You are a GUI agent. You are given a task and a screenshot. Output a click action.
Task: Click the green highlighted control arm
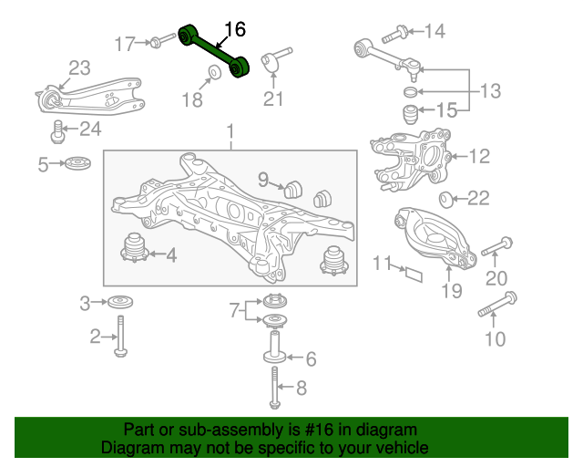tap(214, 51)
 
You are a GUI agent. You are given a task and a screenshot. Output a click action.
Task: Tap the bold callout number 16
tap(235, 29)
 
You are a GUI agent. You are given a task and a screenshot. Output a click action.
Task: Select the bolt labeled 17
tap(162, 41)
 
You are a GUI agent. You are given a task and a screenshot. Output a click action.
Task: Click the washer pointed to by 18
tap(215, 72)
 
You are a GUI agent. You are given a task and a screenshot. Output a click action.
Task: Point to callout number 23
tap(79, 67)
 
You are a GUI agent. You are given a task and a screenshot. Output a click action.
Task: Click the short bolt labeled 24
tap(57, 131)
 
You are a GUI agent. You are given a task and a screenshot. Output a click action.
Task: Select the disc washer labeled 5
tap(77, 163)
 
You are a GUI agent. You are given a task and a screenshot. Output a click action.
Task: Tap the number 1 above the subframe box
tap(230, 131)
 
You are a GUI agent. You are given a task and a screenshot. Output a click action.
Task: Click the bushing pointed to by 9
tap(293, 189)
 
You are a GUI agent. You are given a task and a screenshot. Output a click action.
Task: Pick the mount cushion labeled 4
tap(135, 248)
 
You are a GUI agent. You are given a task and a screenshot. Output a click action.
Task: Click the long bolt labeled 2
tap(120, 336)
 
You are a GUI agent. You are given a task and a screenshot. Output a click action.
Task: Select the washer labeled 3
tap(120, 302)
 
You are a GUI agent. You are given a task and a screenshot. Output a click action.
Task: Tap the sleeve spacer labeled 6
tap(275, 346)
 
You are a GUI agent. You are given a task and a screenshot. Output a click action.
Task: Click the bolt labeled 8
tap(274, 388)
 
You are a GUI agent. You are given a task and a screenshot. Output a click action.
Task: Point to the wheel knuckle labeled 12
tap(411, 159)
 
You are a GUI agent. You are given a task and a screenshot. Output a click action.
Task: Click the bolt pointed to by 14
tap(394, 34)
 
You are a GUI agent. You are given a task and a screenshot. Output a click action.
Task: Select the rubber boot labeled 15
tap(411, 114)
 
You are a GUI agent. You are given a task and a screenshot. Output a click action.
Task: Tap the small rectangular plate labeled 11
tap(414, 275)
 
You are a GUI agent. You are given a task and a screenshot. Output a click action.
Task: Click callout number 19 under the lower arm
tap(452, 290)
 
